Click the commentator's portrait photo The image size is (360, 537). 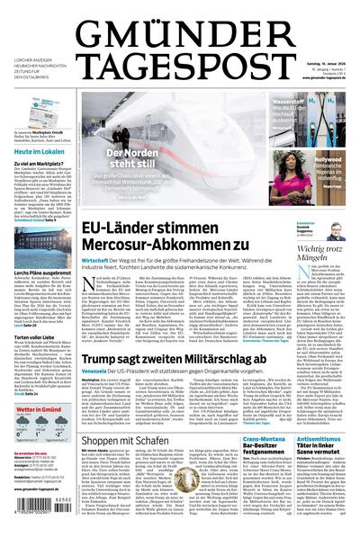click(338, 231)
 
